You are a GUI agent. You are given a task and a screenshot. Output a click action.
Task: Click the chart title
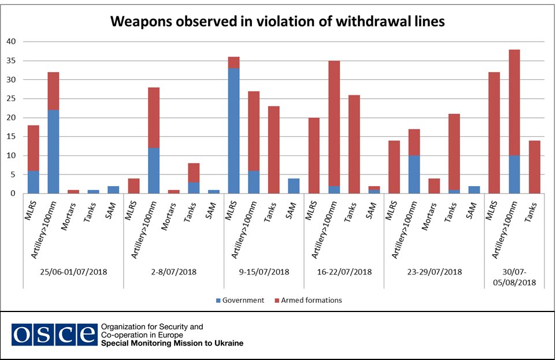277,22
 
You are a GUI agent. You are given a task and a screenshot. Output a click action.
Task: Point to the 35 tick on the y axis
12,61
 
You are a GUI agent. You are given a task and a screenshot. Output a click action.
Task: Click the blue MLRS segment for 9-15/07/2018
234,131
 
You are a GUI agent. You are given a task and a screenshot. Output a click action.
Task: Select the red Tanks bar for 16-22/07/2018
354,144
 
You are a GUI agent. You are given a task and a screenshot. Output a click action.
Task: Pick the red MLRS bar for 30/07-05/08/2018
495,132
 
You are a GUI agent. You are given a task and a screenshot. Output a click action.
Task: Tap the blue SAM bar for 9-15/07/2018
294,186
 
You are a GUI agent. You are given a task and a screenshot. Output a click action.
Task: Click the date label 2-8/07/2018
173,271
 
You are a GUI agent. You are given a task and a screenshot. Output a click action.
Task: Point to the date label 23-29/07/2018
434,271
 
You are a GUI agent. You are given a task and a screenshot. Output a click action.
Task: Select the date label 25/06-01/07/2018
73,271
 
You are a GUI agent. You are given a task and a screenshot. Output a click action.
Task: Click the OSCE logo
54,335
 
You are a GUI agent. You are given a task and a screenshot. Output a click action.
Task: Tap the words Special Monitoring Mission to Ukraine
172,343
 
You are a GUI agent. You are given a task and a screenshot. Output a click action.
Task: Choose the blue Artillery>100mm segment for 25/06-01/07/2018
53,151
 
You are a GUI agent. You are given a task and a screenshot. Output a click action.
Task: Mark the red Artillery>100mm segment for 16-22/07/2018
334,123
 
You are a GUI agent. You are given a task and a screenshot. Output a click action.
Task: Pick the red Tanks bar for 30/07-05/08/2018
535,167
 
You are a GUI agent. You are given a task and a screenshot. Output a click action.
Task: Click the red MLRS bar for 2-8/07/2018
134,186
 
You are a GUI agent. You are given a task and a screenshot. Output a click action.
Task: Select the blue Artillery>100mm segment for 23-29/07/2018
414,175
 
